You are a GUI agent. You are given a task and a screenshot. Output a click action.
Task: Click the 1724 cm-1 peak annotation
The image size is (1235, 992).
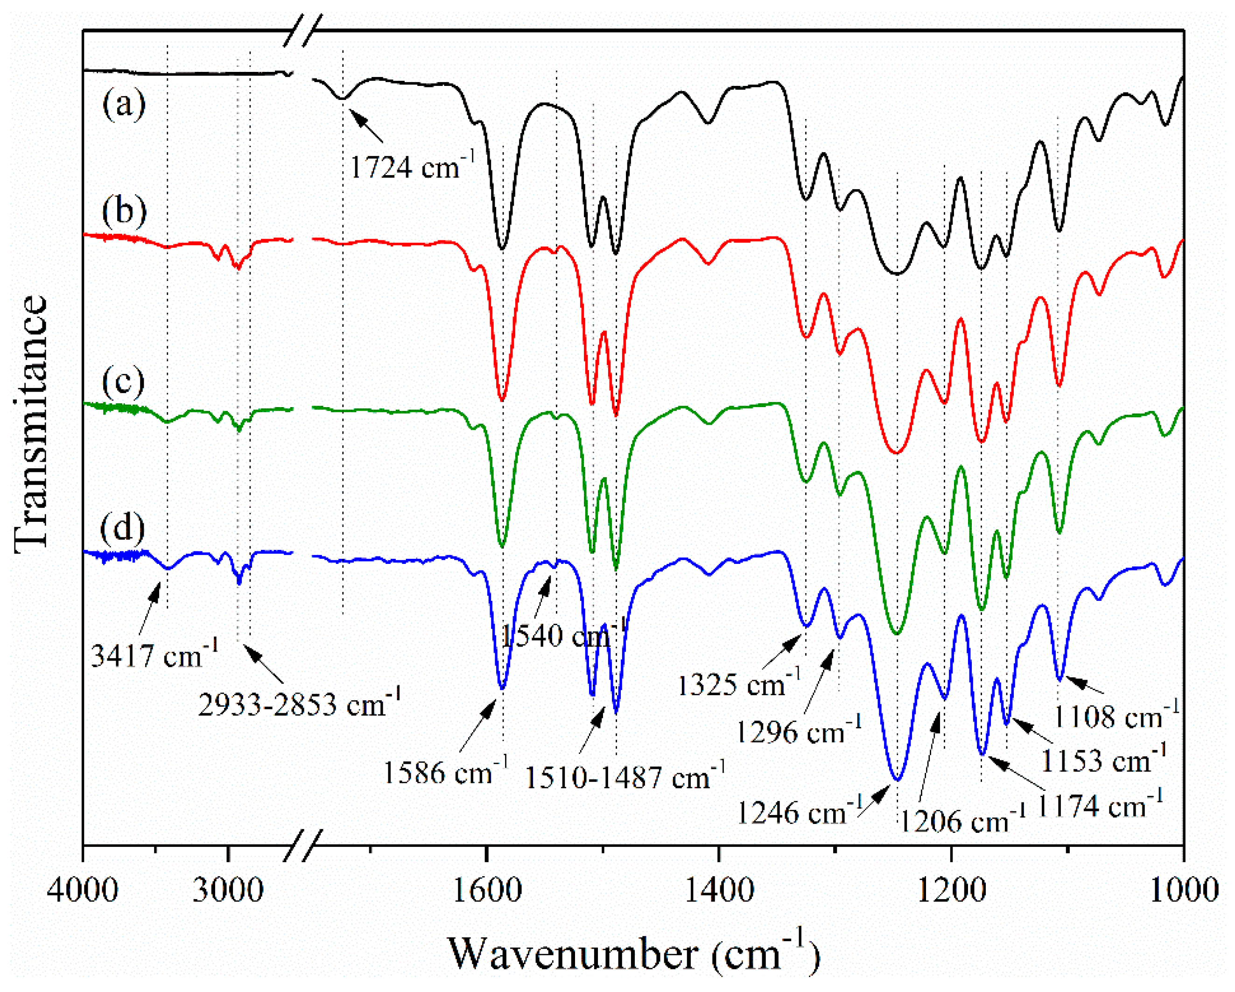(411, 167)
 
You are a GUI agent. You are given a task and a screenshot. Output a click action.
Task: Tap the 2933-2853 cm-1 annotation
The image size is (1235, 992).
(299, 704)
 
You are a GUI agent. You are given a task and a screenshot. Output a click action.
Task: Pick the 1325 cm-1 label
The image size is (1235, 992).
(739, 684)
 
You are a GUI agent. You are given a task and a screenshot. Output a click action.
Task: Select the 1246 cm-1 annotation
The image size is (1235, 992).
(799, 812)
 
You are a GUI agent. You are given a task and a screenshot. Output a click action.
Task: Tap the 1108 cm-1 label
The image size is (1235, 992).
(1116, 717)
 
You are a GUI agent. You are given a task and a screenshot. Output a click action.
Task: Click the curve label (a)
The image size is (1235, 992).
(124, 105)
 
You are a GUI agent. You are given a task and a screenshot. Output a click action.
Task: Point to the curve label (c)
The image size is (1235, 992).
(124, 381)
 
